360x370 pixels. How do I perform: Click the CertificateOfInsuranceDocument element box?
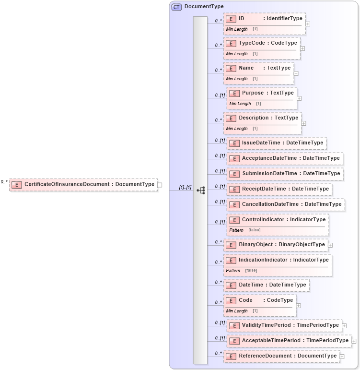click(83, 184)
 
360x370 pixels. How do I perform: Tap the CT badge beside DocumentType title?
click(176, 7)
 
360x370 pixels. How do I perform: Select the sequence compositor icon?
click(200, 191)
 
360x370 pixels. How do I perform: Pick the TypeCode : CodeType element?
click(262, 43)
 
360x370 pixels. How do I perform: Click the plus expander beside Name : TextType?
click(296, 73)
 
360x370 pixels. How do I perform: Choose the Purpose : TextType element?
click(262, 93)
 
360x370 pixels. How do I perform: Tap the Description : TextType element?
click(263, 118)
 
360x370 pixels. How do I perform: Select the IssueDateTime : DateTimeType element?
click(277, 143)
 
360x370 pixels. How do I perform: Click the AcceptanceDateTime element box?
click(285, 158)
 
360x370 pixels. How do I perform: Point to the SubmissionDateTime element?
click(285, 174)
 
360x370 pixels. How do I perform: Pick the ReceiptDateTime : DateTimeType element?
click(279, 189)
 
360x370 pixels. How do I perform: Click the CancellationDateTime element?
click(286, 204)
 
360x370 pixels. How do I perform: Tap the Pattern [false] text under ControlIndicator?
click(244, 230)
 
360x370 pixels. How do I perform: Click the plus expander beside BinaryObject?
click(330, 245)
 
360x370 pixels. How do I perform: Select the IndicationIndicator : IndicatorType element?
click(278, 260)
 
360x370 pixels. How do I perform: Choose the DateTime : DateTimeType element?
click(267, 285)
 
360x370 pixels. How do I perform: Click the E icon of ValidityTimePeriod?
click(234, 326)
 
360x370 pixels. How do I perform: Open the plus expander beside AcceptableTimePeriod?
click(354, 341)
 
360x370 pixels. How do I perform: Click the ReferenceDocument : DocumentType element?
click(282, 356)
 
